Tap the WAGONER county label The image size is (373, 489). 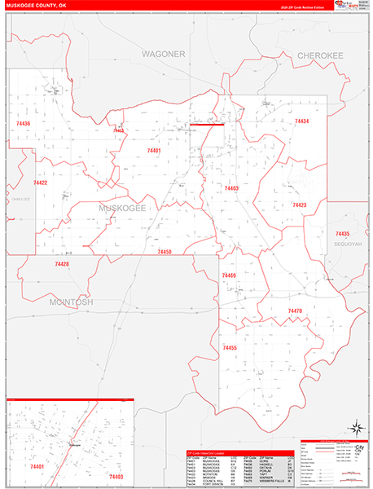[x=164, y=54]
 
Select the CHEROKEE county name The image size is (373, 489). [x=319, y=55]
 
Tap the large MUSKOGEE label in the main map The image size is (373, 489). [x=121, y=209]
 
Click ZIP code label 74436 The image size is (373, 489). [x=22, y=123]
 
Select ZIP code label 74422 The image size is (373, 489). [x=40, y=183]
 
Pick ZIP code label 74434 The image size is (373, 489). [x=301, y=121]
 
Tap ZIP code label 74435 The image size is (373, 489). [x=342, y=233]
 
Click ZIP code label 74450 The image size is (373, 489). [x=165, y=253]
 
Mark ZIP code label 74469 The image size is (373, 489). [x=229, y=276]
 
